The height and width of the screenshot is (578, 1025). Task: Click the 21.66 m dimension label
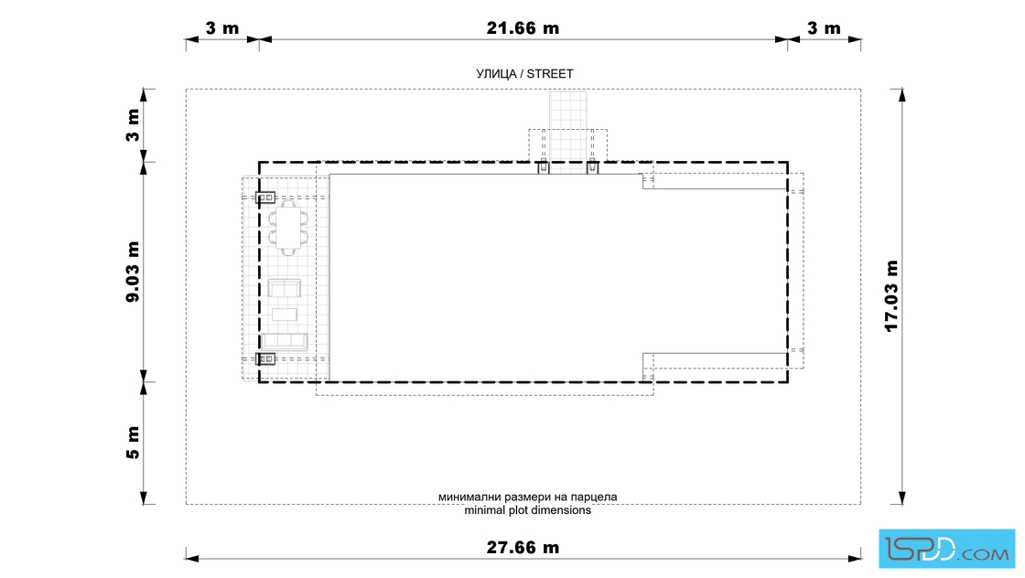(523, 28)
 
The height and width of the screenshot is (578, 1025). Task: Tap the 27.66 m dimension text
(523, 547)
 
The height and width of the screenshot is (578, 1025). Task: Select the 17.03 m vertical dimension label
(891, 295)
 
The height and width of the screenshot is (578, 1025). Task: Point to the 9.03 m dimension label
(133, 272)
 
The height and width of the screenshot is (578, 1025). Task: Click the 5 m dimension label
(133, 442)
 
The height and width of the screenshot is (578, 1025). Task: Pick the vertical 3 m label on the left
(133, 125)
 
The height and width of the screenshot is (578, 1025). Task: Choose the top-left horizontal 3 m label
(222, 28)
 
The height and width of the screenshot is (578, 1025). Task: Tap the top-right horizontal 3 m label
(824, 28)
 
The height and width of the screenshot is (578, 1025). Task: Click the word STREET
(550, 74)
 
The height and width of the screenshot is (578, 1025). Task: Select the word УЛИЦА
(496, 74)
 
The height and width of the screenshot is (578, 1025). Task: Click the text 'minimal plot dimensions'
(527, 510)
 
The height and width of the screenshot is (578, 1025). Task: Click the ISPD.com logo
(946, 549)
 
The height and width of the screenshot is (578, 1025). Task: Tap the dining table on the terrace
(287, 227)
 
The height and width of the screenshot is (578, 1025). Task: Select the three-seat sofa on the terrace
(285, 341)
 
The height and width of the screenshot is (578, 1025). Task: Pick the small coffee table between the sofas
(285, 314)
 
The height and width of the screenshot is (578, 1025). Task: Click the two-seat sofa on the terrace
(285, 288)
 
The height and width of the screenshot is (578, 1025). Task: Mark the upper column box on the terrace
(264, 198)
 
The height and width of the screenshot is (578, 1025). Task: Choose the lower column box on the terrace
(264, 359)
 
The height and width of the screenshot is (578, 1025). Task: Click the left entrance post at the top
(544, 168)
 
